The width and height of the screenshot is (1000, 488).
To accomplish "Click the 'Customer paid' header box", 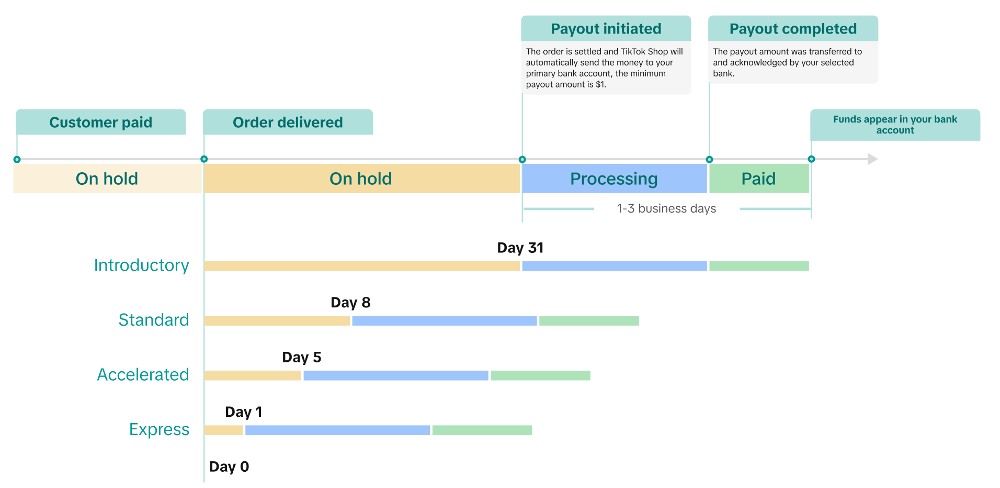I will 100,122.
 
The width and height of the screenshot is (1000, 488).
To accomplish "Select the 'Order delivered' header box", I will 288,122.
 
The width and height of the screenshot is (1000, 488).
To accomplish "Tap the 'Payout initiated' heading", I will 606,29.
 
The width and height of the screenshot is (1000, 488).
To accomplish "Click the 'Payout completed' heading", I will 793,29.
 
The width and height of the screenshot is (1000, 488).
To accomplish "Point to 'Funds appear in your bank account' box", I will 895,125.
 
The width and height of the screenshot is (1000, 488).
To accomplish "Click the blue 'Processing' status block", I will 614,179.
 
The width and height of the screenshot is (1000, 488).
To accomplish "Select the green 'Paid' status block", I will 758,179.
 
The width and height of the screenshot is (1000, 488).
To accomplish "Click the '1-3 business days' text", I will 666,208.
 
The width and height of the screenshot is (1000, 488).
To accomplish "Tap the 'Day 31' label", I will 520,248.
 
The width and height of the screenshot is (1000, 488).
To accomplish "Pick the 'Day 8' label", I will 350,302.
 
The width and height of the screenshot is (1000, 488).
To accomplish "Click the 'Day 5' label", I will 301,357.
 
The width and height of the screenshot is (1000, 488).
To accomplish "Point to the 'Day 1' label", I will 243,412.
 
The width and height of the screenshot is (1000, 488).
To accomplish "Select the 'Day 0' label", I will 229,467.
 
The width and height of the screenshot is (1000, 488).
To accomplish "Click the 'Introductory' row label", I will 141,265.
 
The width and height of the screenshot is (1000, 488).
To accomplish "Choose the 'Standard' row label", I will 153,320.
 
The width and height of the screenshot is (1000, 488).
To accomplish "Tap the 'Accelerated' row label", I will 143,375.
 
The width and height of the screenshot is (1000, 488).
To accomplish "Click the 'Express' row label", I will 159,429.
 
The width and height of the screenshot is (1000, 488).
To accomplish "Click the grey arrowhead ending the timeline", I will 872,159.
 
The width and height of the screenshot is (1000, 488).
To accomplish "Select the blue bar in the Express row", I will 337,430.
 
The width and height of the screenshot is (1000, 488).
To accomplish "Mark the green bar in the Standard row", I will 589,320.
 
